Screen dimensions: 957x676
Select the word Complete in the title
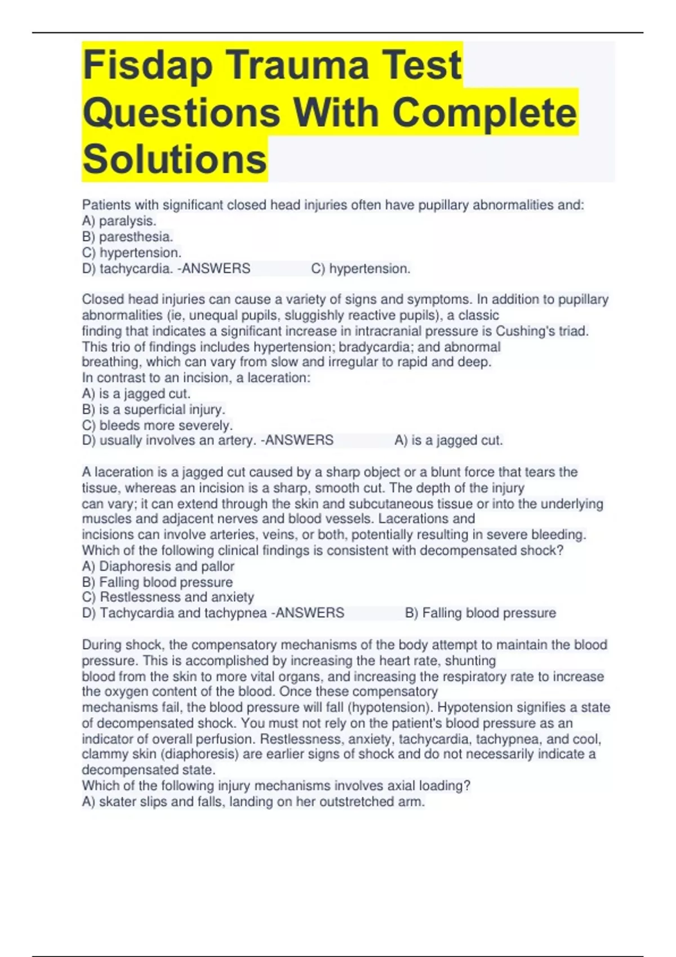[484, 113]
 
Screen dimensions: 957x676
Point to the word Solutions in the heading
[175, 159]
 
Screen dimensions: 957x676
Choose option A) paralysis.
[119, 221]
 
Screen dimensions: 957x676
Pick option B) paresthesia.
[127, 237]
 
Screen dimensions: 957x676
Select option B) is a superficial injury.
[153, 409]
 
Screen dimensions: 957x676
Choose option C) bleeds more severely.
[157, 425]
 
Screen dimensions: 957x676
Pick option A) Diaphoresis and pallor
[158, 566]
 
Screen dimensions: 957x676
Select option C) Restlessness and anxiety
[168, 597]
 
